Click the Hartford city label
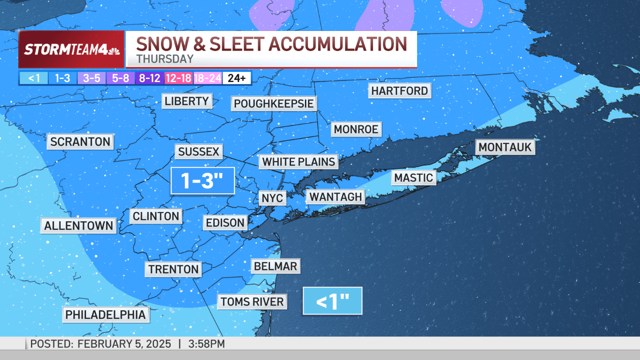pos(400,91)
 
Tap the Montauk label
pos(505,147)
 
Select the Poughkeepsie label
pos(274,103)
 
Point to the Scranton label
pos(80,141)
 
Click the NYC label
pos(272,198)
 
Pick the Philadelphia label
pos(106,314)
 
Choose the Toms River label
pos(252,302)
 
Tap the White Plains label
pos(298,161)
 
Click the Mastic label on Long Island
pos(414,178)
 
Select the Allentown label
pos(79,226)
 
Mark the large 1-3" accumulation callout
pos(202,181)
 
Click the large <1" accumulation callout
pos(332,301)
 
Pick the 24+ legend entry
pos(237,78)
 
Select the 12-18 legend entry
pos(178,78)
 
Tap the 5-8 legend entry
pos(120,78)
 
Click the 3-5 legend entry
pos(92,78)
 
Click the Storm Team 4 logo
pos(72,49)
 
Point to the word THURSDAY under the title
pos(165,59)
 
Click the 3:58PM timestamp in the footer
pos(206,344)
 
